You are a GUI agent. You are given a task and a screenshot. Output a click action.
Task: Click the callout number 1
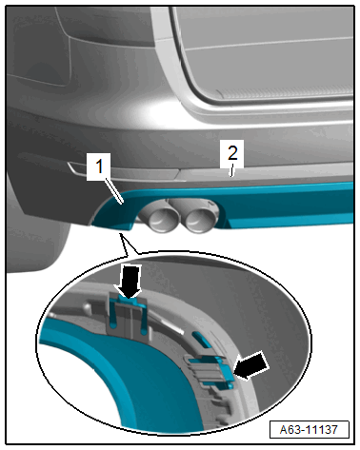tap(99, 166)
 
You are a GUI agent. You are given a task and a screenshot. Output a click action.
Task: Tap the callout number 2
tap(232, 153)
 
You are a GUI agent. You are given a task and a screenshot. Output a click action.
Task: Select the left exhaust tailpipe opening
tap(159, 221)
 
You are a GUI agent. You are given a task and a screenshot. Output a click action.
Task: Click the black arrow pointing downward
tap(129, 282)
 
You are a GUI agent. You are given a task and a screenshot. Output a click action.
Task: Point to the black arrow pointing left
tap(251, 365)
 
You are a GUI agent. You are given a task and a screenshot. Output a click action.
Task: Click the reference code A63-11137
tap(309, 429)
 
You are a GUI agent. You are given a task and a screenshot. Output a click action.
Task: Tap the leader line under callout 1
tap(114, 191)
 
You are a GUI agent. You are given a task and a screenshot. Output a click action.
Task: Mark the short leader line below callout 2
tap(232, 171)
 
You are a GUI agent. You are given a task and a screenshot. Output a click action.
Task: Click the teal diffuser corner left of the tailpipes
tap(113, 213)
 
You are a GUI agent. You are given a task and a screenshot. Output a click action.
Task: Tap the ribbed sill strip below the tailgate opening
tap(286, 93)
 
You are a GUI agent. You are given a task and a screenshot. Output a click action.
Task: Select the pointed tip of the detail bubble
tap(120, 234)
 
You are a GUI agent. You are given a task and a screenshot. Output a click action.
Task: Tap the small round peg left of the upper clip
tap(87, 307)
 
